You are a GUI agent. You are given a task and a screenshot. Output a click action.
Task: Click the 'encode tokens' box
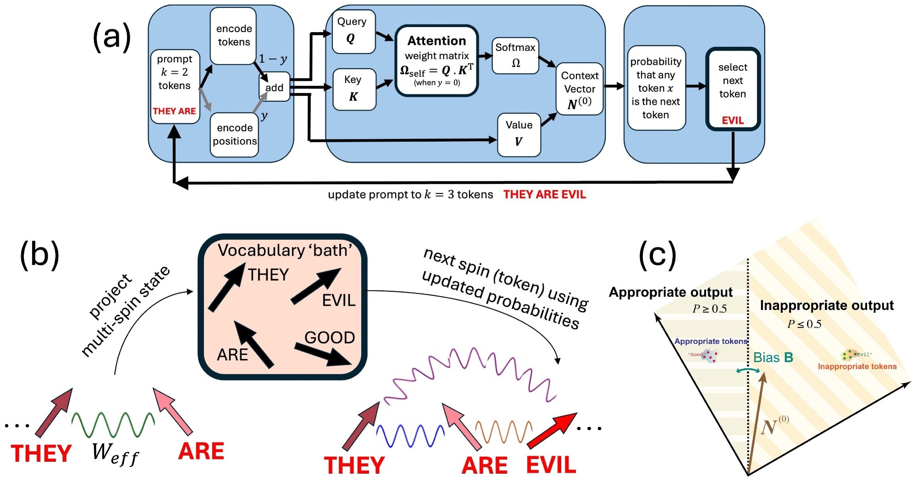[233, 35]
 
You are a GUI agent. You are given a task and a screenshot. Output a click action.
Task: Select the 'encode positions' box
[234, 134]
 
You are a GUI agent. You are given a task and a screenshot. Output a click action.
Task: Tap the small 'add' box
[274, 87]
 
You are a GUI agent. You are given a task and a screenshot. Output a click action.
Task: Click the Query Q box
[352, 31]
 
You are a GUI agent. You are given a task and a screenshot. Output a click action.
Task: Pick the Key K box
[354, 89]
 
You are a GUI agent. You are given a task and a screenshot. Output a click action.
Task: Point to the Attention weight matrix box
[436, 61]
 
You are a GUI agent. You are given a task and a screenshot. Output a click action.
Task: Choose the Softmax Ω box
[515, 55]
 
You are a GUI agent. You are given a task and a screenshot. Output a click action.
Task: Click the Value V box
[519, 134]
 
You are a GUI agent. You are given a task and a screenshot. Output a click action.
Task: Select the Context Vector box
[579, 89]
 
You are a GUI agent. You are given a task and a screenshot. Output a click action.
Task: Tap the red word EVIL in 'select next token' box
[732, 120]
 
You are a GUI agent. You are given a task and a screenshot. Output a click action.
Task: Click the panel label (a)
[112, 37]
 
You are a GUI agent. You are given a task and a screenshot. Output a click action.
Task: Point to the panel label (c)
[657, 255]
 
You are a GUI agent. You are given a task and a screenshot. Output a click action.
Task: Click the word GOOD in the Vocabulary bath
[329, 337]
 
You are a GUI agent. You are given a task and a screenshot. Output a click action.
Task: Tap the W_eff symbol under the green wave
[115, 453]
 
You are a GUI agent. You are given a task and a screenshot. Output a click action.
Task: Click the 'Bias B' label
[773, 358]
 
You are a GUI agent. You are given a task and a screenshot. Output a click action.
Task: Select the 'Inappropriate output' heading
[826, 305]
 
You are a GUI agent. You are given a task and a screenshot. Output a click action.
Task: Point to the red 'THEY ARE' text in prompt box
[174, 111]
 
